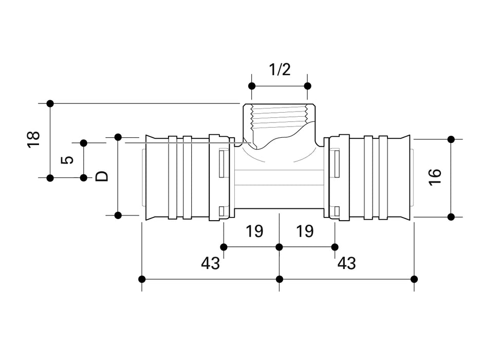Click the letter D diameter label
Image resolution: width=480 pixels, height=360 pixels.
coord(102,176)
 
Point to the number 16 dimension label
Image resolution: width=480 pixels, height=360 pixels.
coord(435,177)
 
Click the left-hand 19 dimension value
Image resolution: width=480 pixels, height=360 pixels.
coord(254,231)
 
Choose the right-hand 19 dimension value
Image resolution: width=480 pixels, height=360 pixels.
coord(305,231)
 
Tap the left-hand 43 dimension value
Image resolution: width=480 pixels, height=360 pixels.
coord(210,263)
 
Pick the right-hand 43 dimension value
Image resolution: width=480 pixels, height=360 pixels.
coord(346,263)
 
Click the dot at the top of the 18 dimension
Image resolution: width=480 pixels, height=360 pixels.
coord(50,103)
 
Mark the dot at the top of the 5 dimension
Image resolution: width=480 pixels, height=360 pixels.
coord(83,142)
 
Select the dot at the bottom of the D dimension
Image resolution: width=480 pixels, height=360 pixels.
coord(118,215)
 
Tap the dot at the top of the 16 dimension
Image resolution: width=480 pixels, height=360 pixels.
coord(451,139)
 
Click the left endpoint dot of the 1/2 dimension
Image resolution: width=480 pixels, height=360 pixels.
coord(251,85)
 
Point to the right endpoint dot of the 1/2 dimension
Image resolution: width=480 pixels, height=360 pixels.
coord(307,85)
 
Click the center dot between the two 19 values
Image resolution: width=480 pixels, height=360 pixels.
coord(279,247)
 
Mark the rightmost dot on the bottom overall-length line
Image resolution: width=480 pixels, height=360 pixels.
coord(415,279)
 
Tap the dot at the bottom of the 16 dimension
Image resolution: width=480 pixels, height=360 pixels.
coord(451,217)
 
